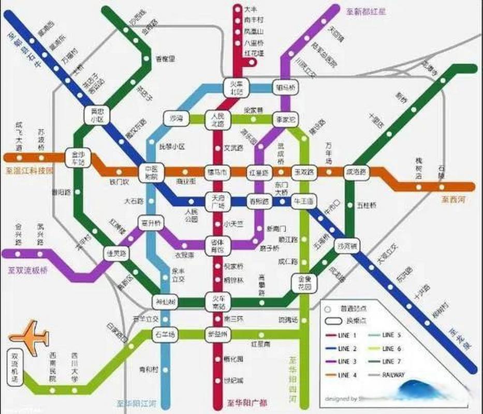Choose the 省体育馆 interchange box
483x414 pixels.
[x=217, y=246]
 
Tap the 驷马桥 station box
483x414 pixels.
[x=285, y=88]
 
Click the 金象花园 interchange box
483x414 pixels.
[x=304, y=282]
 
